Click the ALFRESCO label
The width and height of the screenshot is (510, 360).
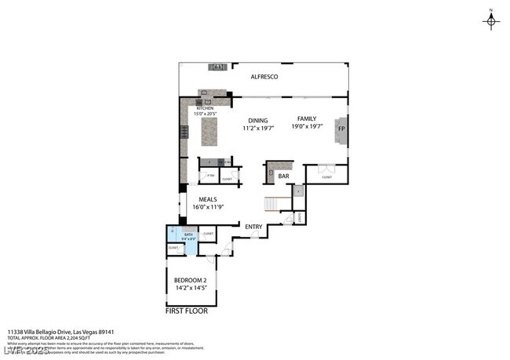click(264, 77)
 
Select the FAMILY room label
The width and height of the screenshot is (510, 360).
click(306, 118)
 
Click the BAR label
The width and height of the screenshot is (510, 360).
click(283, 176)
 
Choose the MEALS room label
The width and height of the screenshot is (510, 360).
click(208, 199)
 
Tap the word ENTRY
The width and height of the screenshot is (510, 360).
click(253, 227)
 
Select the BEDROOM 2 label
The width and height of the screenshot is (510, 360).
click(189, 281)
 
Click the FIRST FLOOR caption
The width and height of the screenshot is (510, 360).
click(186, 311)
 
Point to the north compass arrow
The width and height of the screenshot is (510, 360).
click(492, 20)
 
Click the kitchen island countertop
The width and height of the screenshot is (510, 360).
click(209, 132)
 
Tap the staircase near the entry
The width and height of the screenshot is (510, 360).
click(271, 204)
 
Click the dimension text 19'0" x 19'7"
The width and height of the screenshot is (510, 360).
click(306, 126)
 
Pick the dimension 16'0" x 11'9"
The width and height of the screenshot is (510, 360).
click(208, 207)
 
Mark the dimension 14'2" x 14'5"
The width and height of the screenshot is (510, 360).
click(189, 289)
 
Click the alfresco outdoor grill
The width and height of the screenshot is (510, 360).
click(218, 67)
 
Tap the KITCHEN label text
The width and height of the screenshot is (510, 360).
click(194, 108)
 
